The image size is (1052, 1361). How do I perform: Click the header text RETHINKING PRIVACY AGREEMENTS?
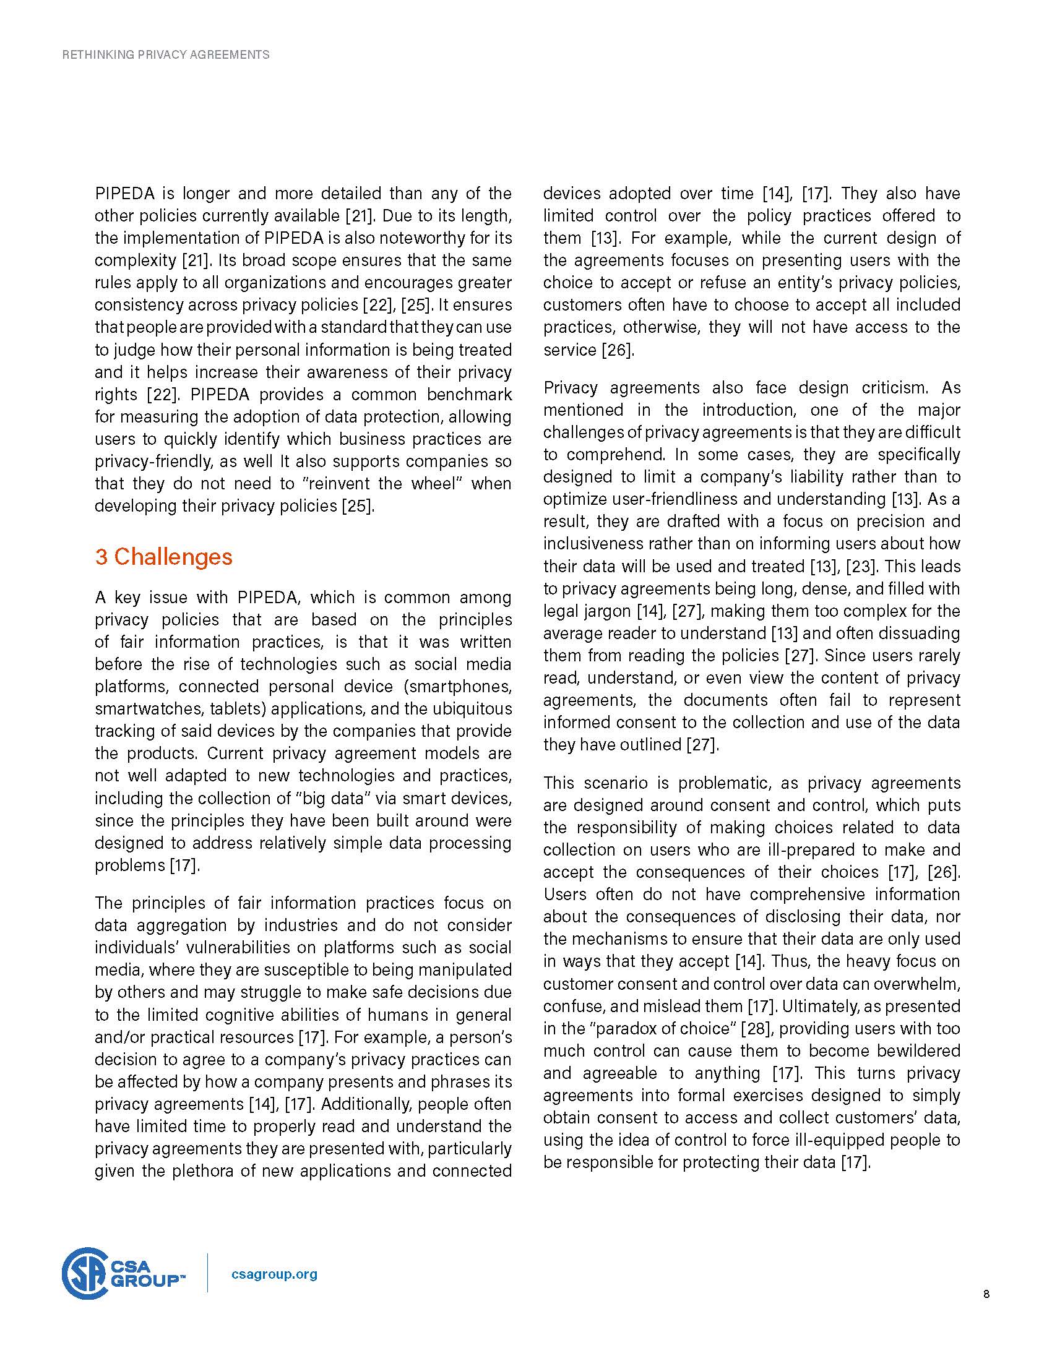pos(166,55)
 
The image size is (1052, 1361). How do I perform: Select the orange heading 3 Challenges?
pos(163,557)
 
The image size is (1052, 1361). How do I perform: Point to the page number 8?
pos(986,1294)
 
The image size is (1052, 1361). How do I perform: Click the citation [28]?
pos(756,1028)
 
